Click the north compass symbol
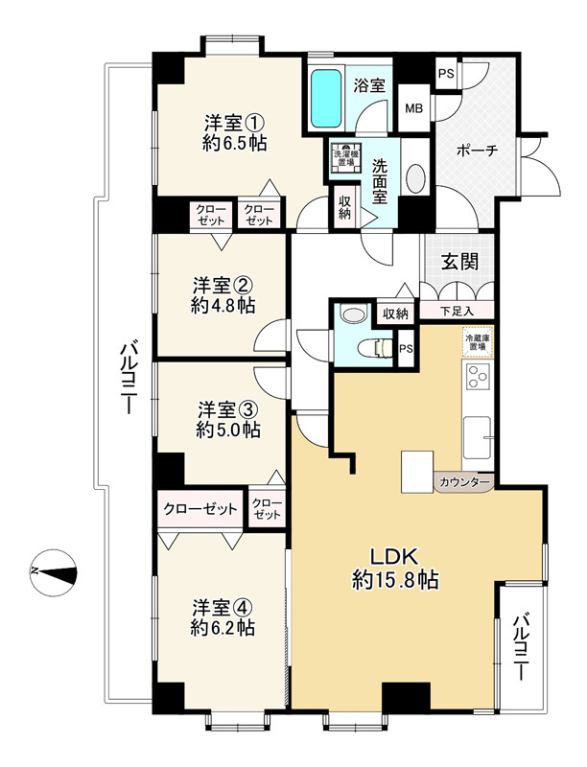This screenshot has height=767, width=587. (54, 572)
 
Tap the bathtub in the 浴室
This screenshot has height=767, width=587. (326, 99)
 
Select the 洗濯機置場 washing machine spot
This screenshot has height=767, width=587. (346, 158)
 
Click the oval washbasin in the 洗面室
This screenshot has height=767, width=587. (416, 178)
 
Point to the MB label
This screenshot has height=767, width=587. (413, 108)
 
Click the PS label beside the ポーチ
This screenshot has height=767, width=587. (446, 74)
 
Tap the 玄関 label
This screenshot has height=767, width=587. (459, 262)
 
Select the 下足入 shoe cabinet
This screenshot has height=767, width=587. (457, 311)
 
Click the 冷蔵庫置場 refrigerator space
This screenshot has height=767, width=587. (478, 342)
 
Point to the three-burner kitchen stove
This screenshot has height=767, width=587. (478, 377)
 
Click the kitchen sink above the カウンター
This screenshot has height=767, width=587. (477, 437)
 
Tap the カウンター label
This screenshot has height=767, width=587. (464, 482)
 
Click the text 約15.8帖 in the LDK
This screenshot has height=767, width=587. (395, 580)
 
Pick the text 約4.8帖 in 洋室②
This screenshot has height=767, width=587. (223, 306)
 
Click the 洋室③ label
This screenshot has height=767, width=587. (228, 409)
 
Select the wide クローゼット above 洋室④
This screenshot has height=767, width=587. (200, 509)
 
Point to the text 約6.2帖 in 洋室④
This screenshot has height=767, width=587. (223, 628)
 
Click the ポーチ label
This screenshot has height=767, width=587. (477, 151)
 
